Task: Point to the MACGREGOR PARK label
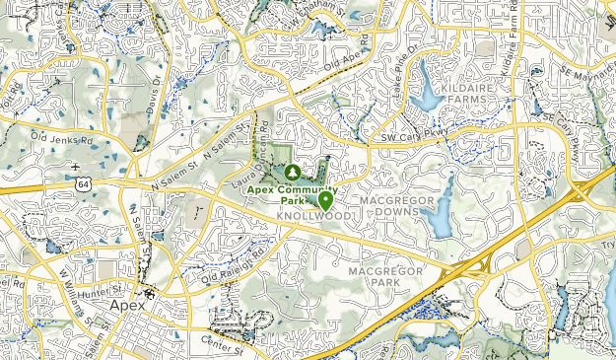(385, 276)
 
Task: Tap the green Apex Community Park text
(292, 193)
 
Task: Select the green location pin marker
(325, 198)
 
